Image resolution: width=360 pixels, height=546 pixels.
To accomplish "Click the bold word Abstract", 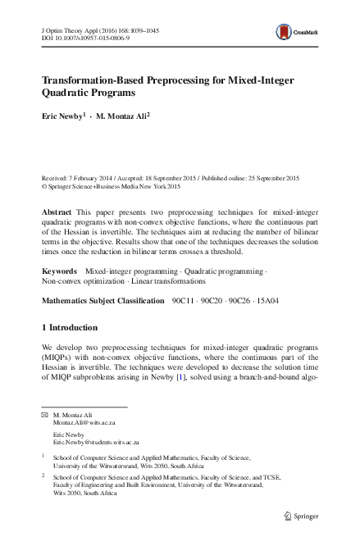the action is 57,212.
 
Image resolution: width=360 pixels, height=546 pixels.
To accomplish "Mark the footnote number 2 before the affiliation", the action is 43,475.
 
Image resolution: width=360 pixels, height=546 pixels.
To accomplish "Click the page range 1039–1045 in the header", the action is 143,30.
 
